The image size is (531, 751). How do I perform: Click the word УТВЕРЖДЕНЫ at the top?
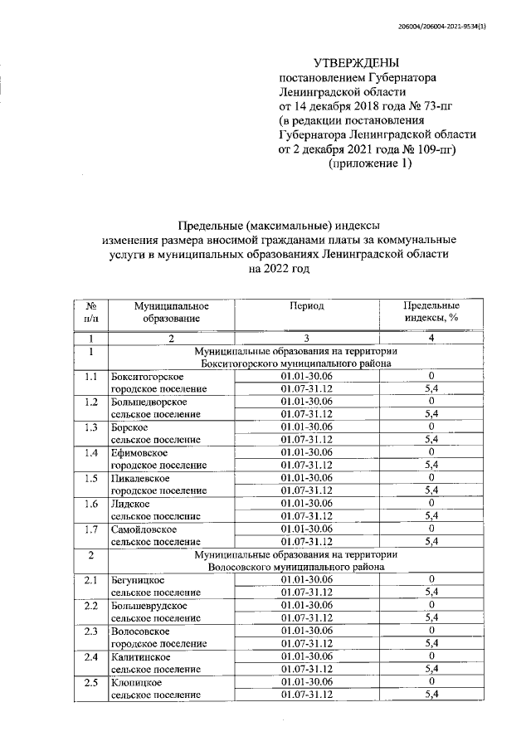[x=356, y=63]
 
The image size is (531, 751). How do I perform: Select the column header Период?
[x=306, y=305]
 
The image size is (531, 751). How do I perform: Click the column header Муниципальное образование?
[x=171, y=312]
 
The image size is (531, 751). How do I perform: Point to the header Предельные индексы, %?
[x=431, y=312]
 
